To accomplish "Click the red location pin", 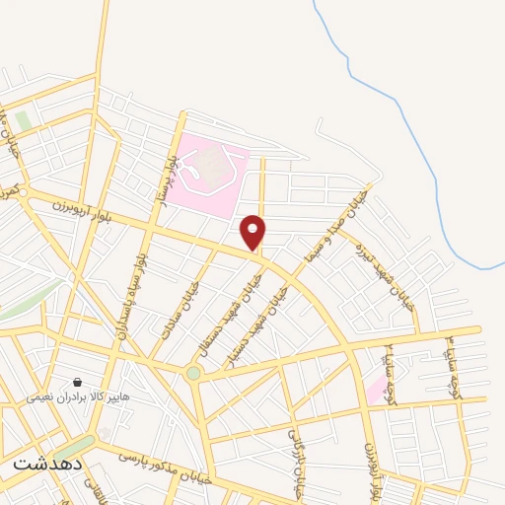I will coord(253,232).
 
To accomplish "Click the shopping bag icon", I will coord(77,382).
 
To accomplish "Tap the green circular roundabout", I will coord(193,373).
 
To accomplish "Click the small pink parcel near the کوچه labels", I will coord(377,389).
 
